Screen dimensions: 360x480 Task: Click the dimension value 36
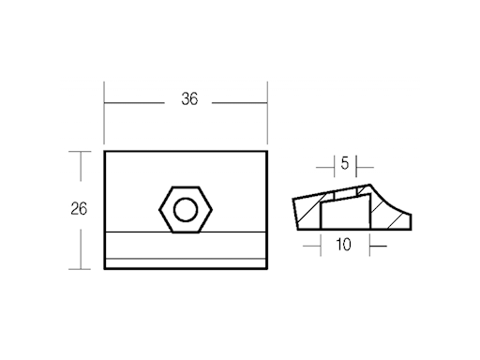click(x=189, y=100)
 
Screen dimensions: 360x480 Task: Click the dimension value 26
click(x=79, y=208)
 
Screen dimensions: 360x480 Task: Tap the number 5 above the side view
click(x=344, y=164)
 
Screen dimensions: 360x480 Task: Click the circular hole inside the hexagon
click(x=186, y=208)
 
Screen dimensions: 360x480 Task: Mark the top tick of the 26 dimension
click(x=81, y=150)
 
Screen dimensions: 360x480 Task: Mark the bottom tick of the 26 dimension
click(x=81, y=268)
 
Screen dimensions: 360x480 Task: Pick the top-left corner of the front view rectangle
click(x=104, y=150)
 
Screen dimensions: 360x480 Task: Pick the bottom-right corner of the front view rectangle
click(x=267, y=268)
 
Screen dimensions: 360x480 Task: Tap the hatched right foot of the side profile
click(x=398, y=219)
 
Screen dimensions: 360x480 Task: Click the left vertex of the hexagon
click(x=159, y=208)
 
